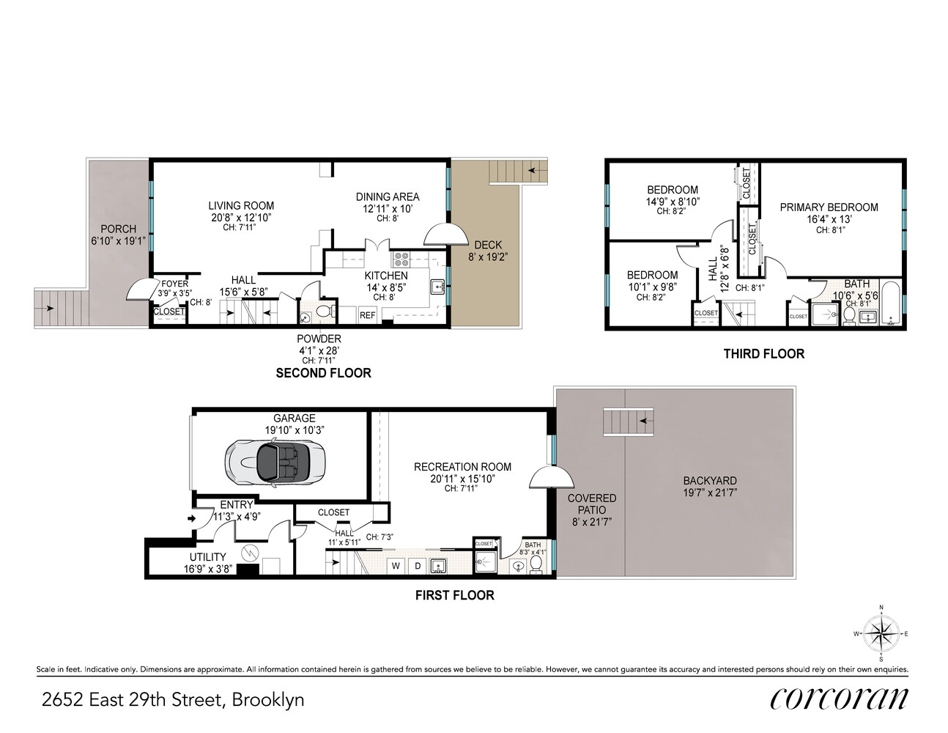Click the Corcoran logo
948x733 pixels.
[x=839, y=698]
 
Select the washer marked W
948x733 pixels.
[x=396, y=566]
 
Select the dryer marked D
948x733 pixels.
[x=418, y=566]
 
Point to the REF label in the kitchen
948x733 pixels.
[x=367, y=315]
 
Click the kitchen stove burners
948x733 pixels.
[x=402, y=259]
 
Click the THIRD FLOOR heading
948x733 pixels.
[x=763, y=354]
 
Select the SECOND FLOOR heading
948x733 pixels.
[x=323, y=373]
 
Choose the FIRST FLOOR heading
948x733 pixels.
[x=454, y=595]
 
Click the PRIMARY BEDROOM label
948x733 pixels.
[x=829, y=207]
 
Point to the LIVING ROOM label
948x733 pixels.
[x=241, y=206]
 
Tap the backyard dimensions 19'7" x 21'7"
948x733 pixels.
[x=709, y=493]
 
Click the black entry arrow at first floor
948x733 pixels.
[x=193, y=519]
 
